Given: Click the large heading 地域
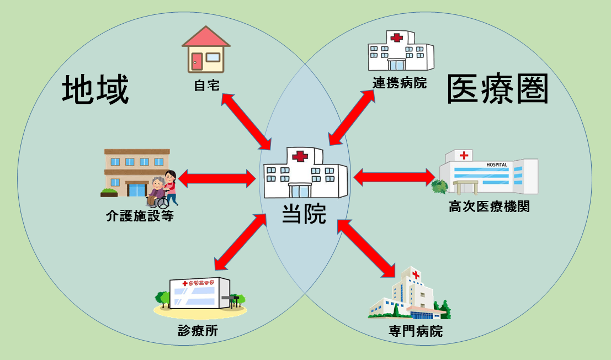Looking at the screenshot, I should pos(95,90).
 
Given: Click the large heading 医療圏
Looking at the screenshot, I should pos(497,89).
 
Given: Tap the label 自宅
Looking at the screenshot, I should pos(207,86).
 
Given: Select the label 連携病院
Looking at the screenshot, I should pos(400,83).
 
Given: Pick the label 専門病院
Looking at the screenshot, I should pos(416,332).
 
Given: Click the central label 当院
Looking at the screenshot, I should pos(304,214).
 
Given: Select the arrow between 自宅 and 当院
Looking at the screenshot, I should pos(246,121).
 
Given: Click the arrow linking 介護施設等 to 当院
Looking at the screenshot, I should pos(217,178).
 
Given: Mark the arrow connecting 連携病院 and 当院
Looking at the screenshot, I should pos(352,118).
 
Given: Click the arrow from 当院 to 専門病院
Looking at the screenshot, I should pos(366,247).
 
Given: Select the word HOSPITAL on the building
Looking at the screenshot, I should pos(497,165).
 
